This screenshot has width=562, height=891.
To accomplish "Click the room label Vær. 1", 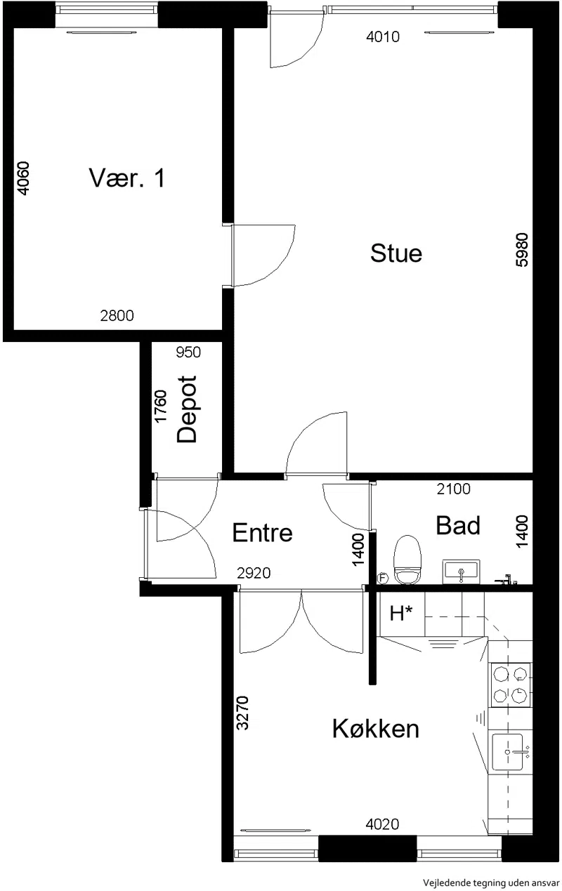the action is pos(127,178).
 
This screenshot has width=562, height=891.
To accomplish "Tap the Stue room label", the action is pos(396,253).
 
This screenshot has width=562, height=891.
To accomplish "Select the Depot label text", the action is pos(187,409).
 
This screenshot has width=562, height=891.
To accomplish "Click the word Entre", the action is pos(262,533).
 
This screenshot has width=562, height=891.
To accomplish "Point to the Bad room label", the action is pos(458,525).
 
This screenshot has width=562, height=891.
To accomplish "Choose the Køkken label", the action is pos(376,729).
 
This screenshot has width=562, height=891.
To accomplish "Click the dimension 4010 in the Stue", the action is pos(383,37).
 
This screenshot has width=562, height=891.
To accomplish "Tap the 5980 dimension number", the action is pos(521,250).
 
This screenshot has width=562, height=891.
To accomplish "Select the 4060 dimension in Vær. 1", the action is pos(23,178).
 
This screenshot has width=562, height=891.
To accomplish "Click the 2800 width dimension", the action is pos(117,316).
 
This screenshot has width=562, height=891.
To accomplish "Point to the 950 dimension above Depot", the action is pos(188,352).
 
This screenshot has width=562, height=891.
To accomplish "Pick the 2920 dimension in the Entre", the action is pos(254,573).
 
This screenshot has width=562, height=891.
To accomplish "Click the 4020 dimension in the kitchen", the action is pos(382,824).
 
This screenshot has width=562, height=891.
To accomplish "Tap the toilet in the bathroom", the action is pos(407,560).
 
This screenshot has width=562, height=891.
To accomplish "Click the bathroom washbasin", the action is pos(462,572).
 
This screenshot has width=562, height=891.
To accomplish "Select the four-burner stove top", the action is pos(510,685).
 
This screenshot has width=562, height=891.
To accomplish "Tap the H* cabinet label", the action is pos(401,614).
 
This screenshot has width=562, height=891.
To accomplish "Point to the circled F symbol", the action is pos(382,579).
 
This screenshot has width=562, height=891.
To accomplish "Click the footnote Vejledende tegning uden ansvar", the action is pos(491,883).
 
